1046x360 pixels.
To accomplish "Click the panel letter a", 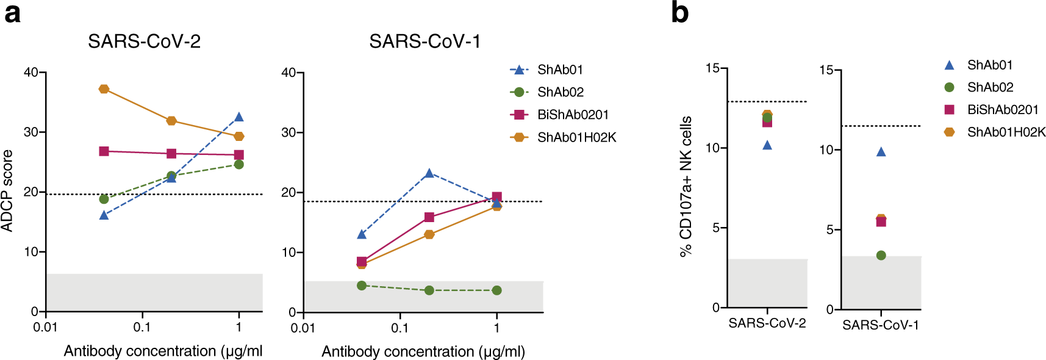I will click(x=12, y=13).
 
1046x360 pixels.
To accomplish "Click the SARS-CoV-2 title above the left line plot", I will click(x=144, y=41).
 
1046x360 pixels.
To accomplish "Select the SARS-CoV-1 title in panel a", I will click(x=424, y=41).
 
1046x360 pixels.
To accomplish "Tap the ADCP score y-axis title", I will click(x=7, y=190).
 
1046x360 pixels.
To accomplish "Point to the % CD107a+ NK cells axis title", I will click(x=686, y=187).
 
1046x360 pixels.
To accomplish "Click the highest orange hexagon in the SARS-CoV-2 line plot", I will click(x=104, y=89).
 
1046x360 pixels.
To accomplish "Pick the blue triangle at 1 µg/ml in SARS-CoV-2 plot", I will click(x=239, y=117).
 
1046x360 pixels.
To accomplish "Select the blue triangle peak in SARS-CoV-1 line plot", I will click(x=429, y=173).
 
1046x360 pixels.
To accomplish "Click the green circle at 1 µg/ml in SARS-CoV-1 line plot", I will click(x=497, y=290).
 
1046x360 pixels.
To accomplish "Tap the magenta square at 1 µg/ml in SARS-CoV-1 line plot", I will click(x=497, y=197).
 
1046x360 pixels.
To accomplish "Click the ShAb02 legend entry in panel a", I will click(x=560, y=92).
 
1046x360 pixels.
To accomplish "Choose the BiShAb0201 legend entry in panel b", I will click(x=1002, y=110).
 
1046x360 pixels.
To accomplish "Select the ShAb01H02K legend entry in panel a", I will click(x=576, y=138).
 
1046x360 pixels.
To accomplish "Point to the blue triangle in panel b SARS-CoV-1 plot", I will click(x=881, y=152).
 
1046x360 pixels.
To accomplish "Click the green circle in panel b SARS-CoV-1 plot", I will click(x=881, y=255).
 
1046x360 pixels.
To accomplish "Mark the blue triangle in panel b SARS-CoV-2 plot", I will click(x=767, y=145).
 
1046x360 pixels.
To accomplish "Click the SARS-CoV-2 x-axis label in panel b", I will click(x=767, y=323).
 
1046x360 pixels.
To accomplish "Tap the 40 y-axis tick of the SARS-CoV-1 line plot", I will click(x=288, y=73).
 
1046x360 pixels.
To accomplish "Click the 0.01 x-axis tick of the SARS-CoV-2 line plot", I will click(x=45, y=327).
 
